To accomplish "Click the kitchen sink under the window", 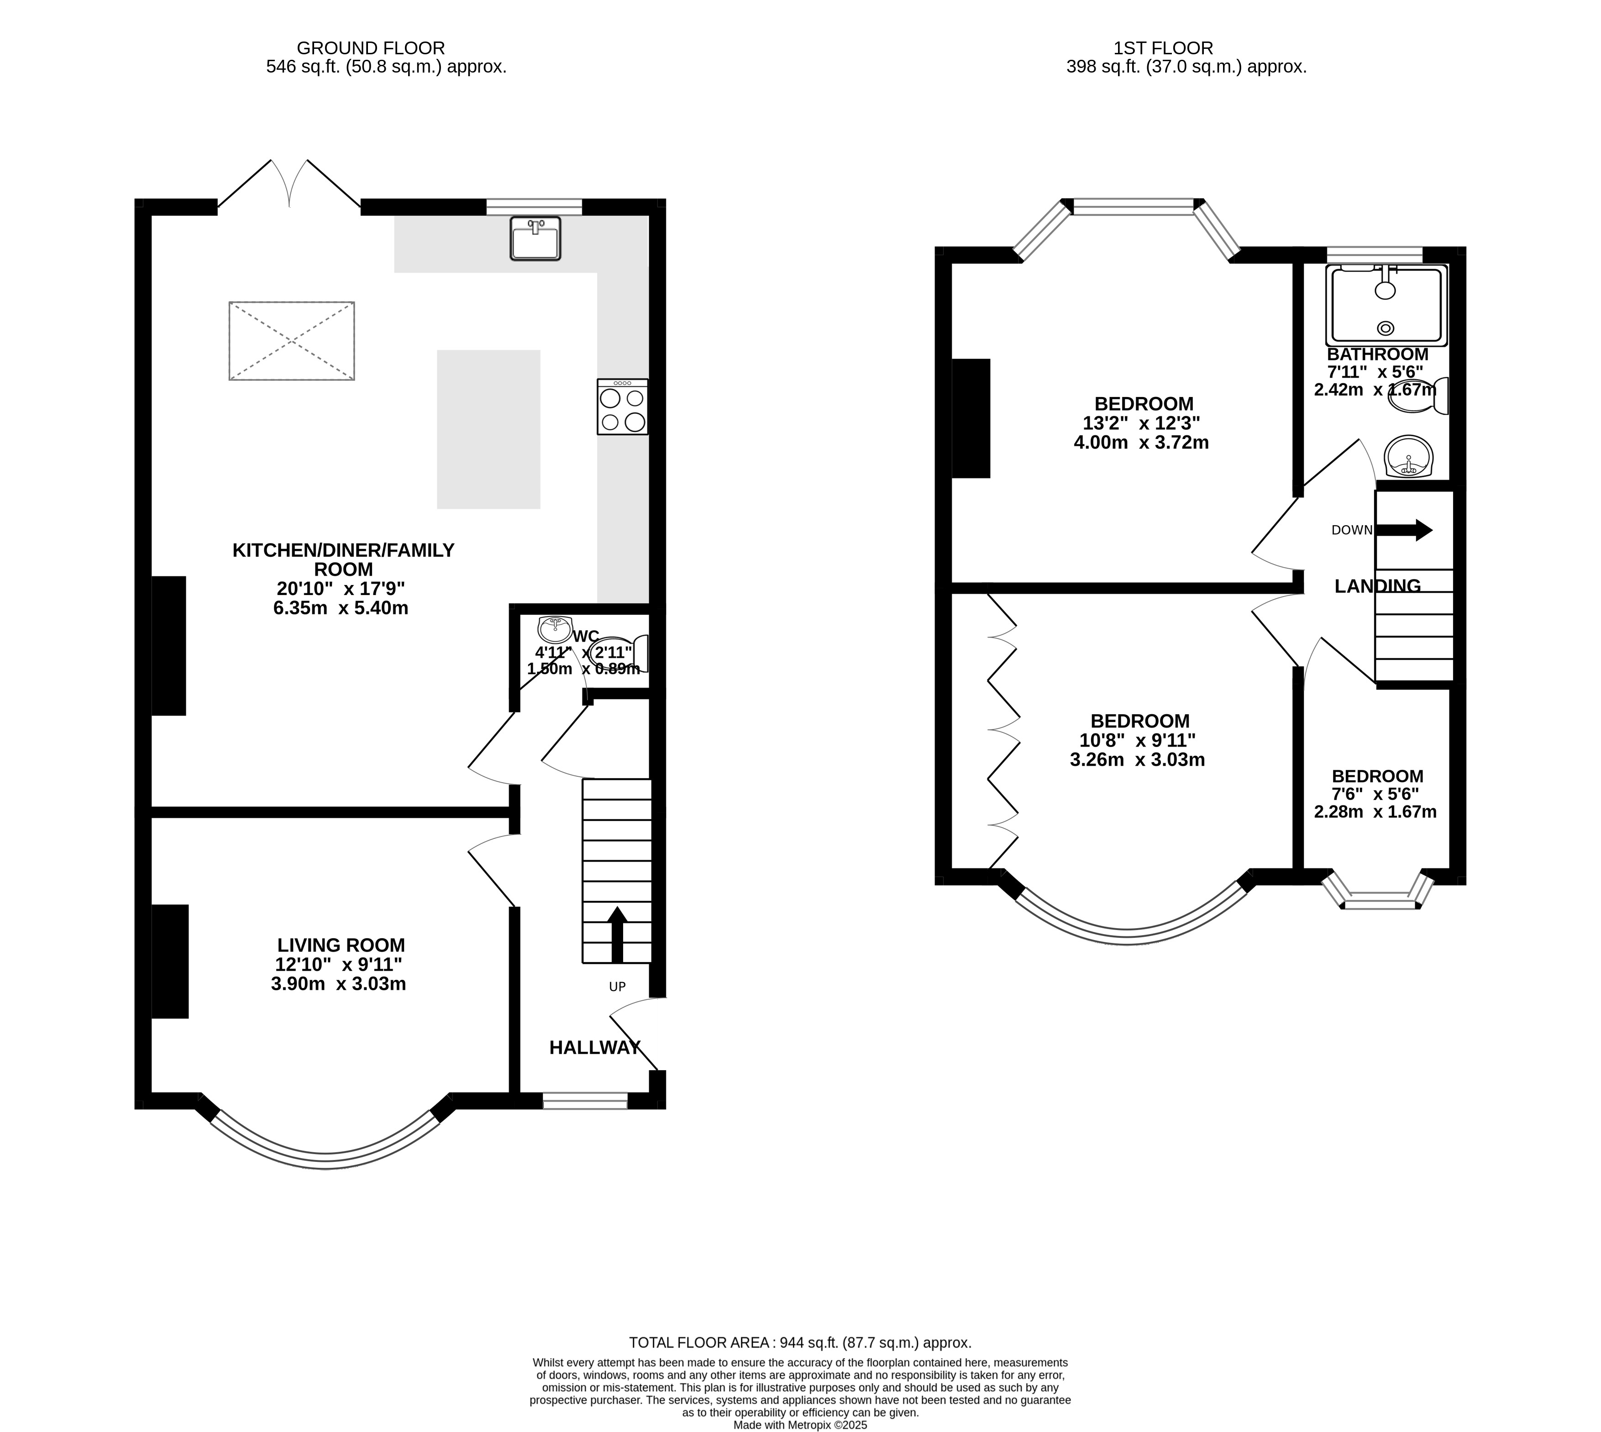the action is click(x=535, y=238).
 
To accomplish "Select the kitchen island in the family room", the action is click(x=489, y=429).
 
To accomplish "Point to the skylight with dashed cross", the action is click(x=291, y=341).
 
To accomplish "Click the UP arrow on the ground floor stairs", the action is click(x=617, y=934).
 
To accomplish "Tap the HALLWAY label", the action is click(x=595, y=1047).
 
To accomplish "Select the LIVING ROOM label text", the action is click(x=341, y=945).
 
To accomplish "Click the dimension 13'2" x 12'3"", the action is click(x=1141, y=423).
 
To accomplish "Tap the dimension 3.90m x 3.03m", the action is click(x=338, y=983).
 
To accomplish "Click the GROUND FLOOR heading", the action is click(x=371, y=48).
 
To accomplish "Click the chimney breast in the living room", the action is click(x=170, y=962).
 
